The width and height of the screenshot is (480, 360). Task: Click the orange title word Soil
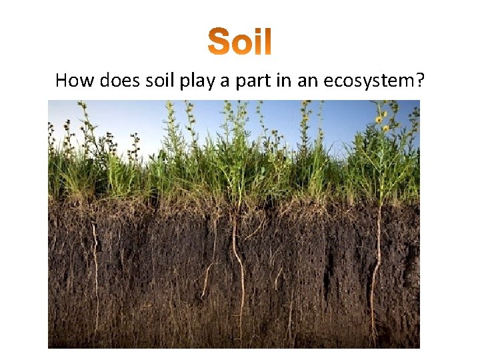point(239,41)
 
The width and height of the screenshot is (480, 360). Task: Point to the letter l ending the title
point(267,41)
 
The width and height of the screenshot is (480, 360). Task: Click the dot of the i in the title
point(257,31)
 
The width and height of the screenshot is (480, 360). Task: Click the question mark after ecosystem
point(421,81)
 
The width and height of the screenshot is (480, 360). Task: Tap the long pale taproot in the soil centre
point(238,267)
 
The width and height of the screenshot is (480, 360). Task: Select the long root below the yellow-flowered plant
point(377,267)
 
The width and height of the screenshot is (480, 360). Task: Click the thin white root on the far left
point(95,260)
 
